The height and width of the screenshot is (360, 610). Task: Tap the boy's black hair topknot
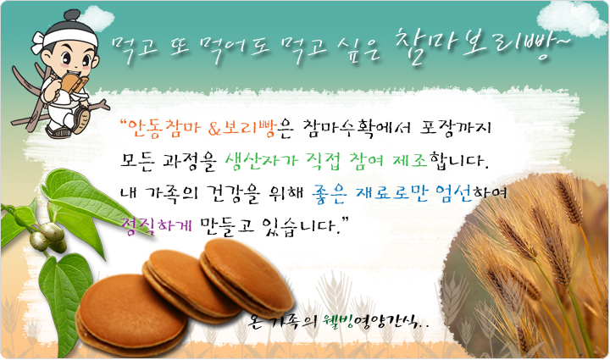coord(72,16)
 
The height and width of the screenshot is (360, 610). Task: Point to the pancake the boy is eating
coord(73,83)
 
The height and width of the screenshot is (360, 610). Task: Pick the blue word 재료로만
coord(391,192)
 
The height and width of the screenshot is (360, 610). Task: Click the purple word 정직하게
coord(157,225)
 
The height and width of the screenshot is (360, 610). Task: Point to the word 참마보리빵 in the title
coord(474,46)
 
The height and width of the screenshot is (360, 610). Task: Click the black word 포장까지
coord(455,128)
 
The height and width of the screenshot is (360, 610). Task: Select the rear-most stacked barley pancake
coord(247,277)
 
